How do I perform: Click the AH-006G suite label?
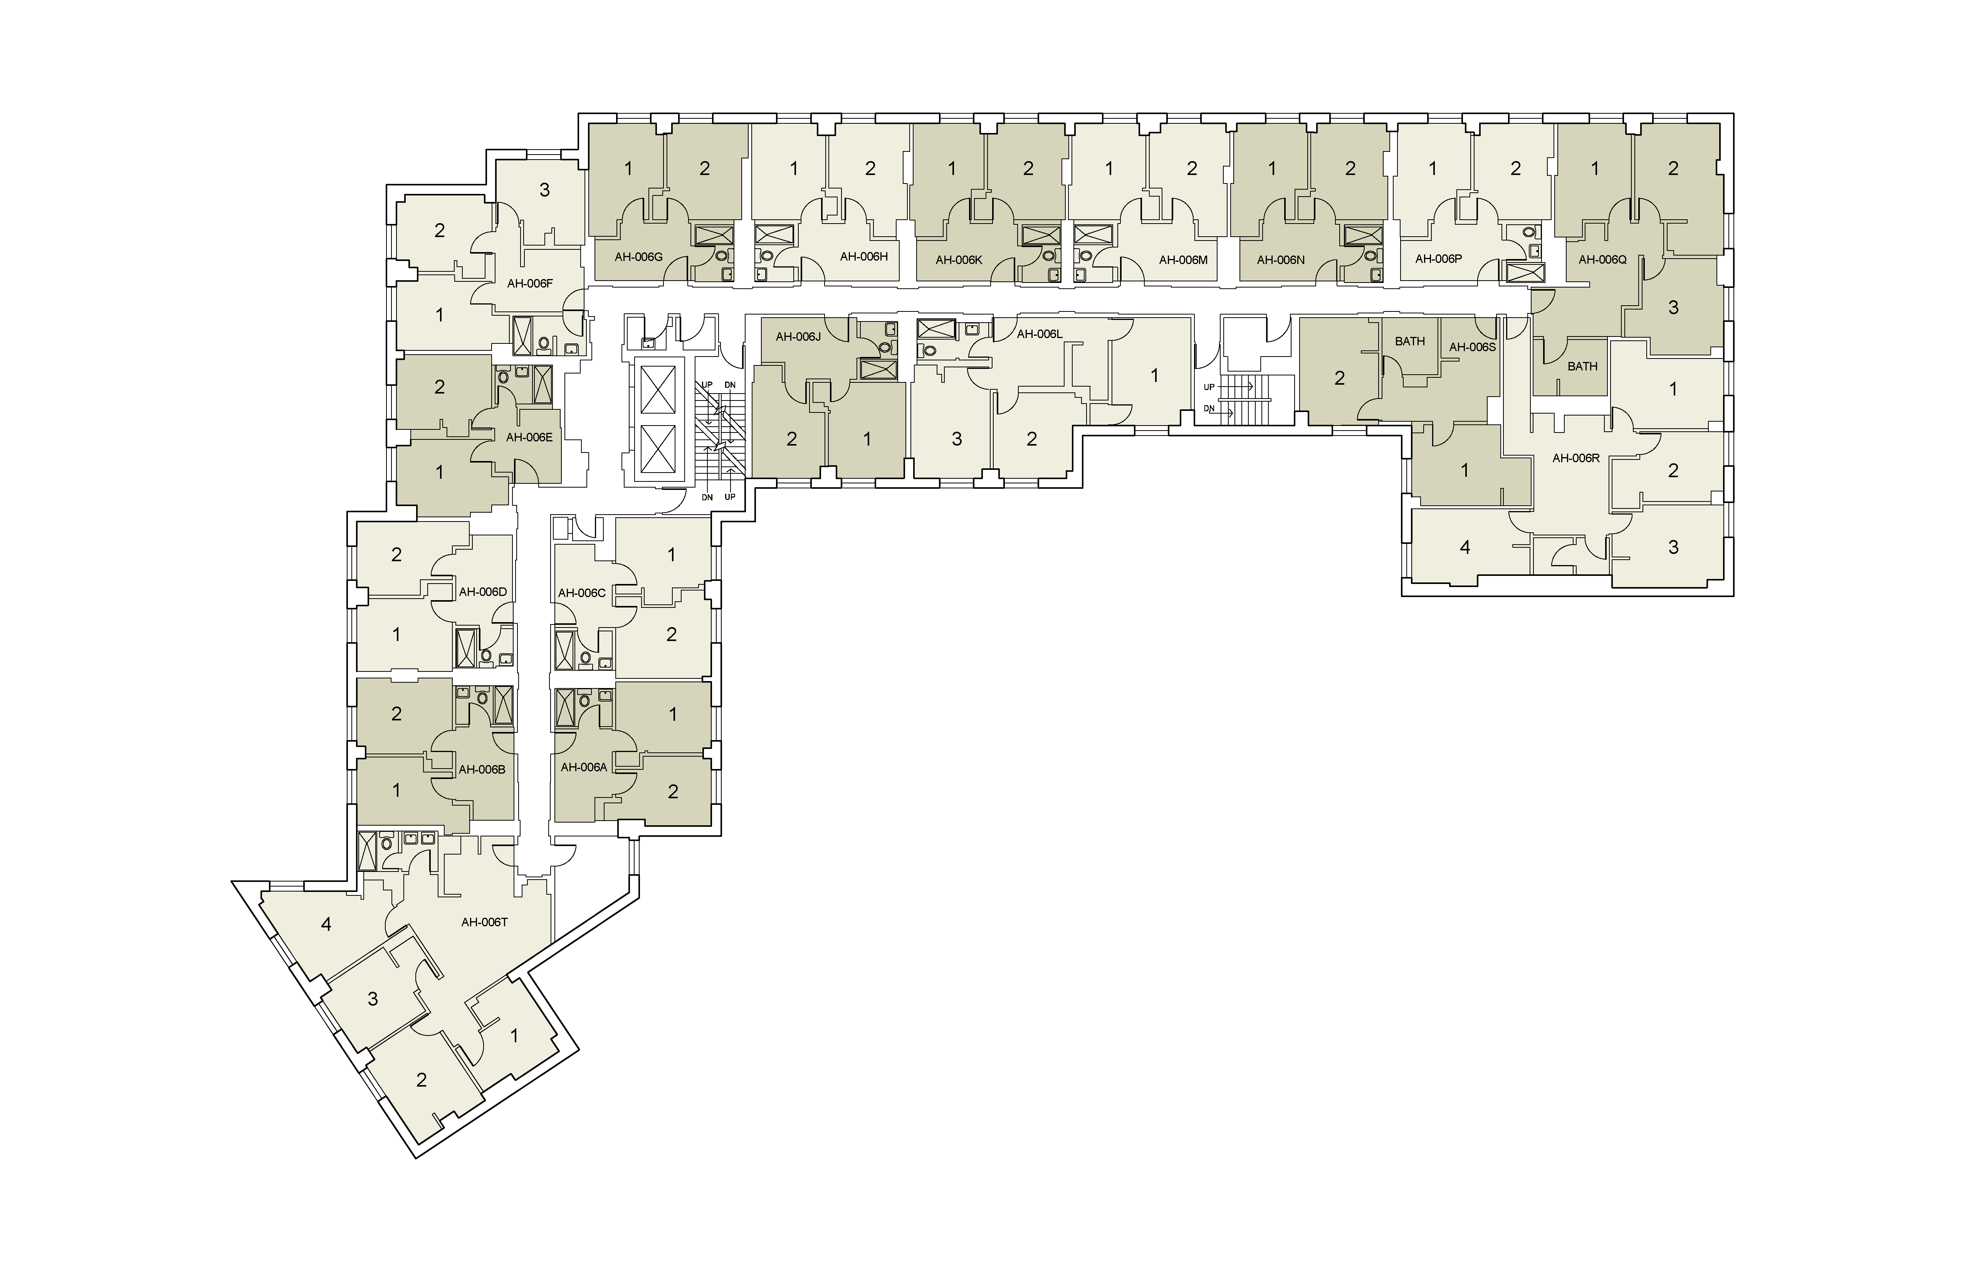tap(638, 257)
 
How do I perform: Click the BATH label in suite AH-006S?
tap(1410, 341)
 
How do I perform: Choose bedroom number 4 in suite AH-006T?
tap(326, 924)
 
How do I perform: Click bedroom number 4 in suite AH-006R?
tap(1465, 547)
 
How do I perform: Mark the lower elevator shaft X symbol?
tap(658, 453)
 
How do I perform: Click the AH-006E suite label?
tap(529, 437)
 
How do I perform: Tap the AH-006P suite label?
tap(1438, 259)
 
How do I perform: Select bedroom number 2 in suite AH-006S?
tap(1339, 378)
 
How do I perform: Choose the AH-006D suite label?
tap(482, 591)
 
